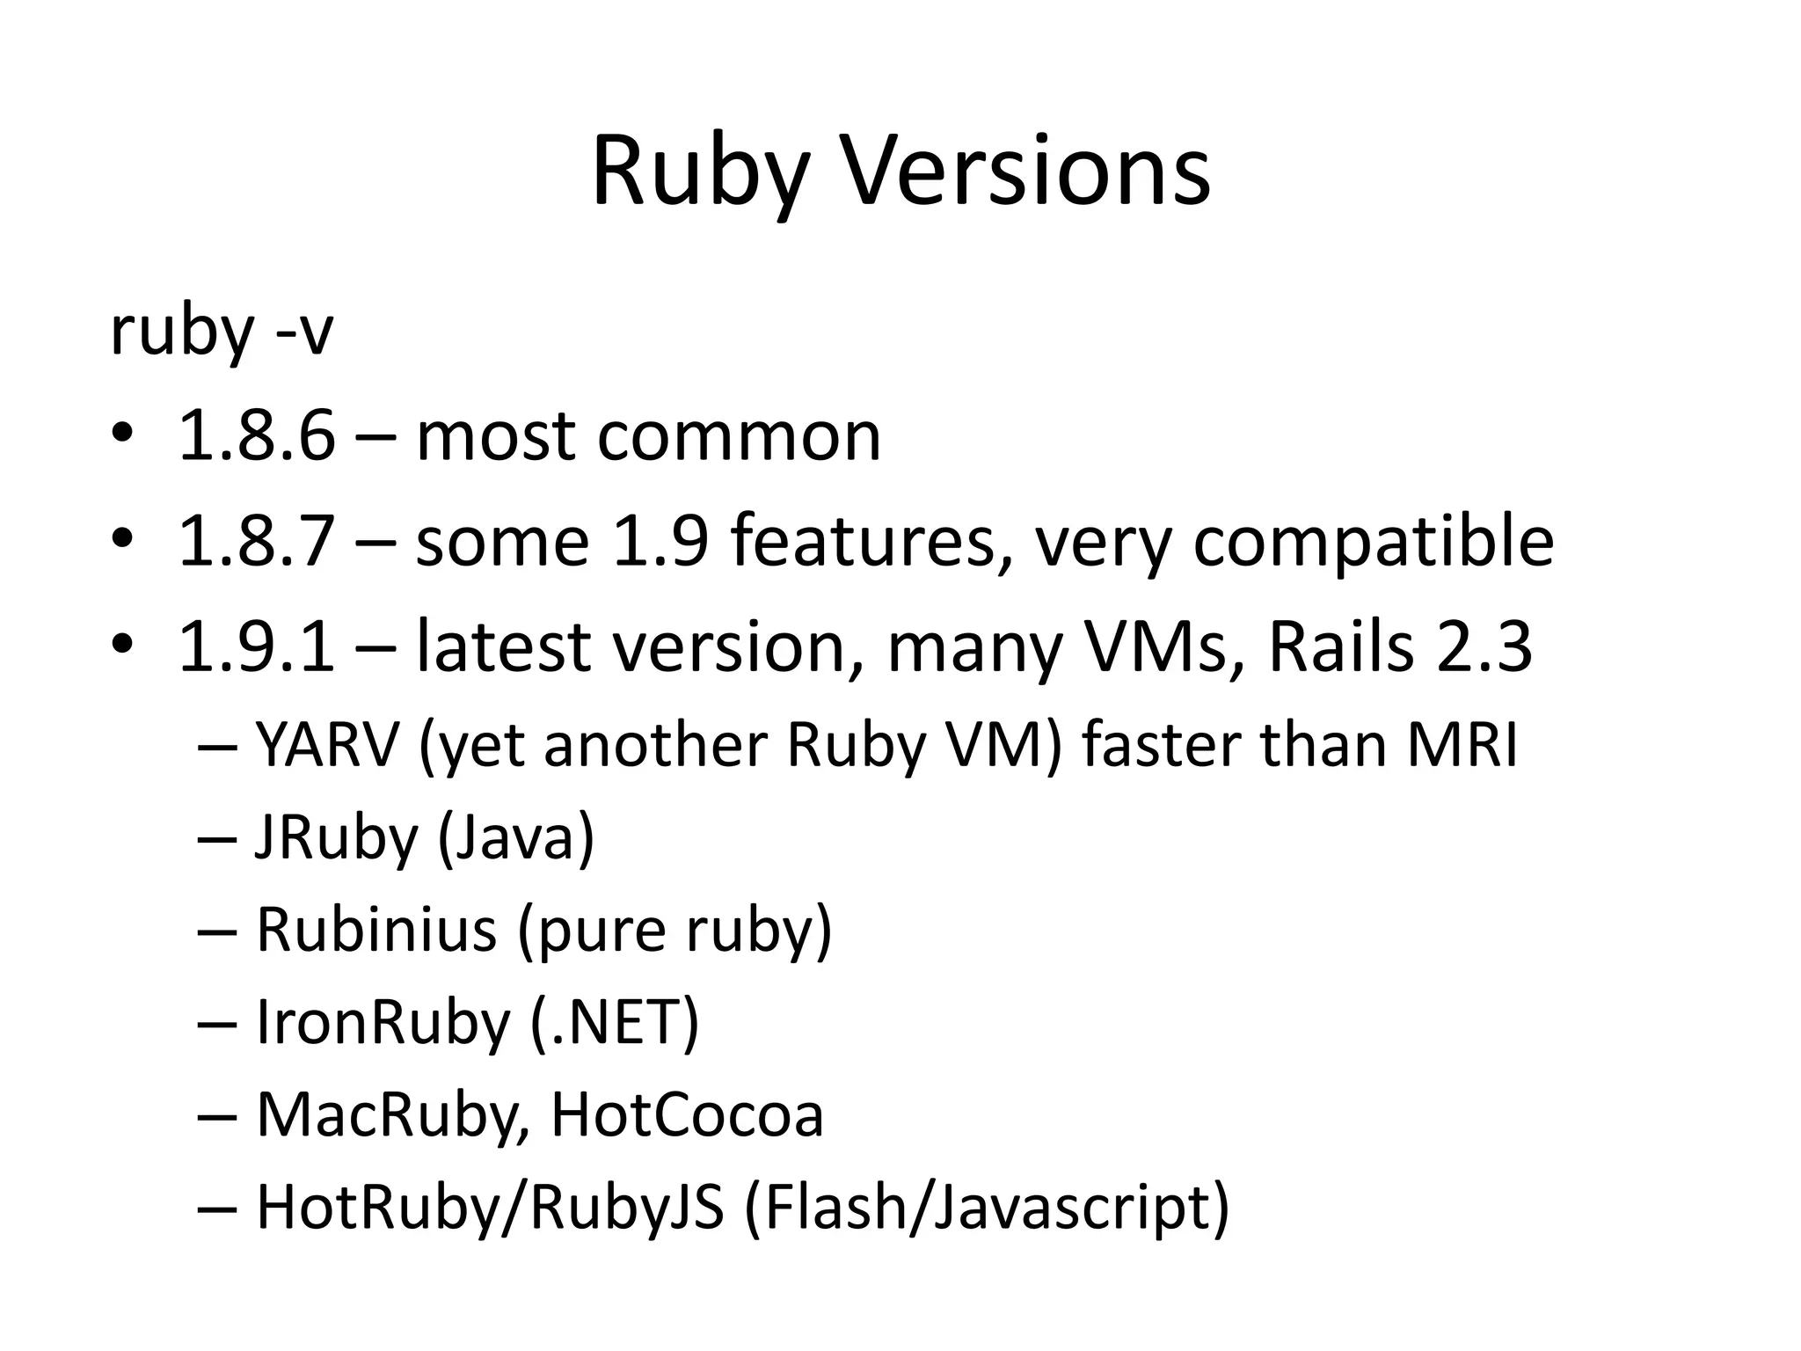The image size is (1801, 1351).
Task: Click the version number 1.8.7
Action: pos(257,540)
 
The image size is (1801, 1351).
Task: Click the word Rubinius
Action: pos(376,930)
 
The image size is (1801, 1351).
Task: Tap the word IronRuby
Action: pos(383,1023)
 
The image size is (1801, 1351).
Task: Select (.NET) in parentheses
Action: pos(615,1023)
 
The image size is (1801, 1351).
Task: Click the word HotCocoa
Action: pos(687,1115)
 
